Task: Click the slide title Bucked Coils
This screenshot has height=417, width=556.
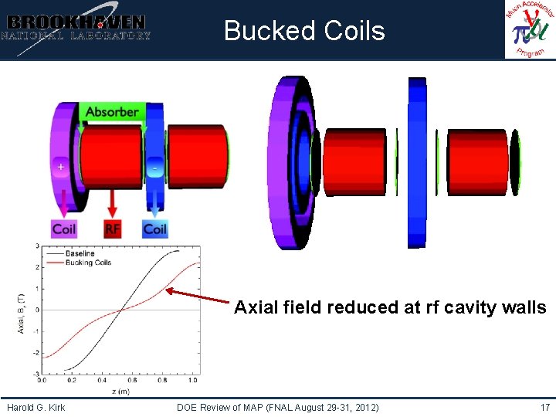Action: (304, 31)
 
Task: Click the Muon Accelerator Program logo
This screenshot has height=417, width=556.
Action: (530, 30)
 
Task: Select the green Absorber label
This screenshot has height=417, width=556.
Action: (112, 112)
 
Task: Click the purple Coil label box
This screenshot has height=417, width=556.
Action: (64, 229)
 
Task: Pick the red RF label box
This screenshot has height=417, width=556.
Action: (113, 229)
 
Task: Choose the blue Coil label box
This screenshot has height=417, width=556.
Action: (155, 229)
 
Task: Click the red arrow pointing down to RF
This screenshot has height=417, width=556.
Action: (113, 202)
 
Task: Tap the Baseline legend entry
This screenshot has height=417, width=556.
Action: (80, 253)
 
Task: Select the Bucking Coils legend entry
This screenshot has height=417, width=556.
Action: (87, 263)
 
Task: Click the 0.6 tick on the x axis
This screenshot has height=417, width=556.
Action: (132, 380)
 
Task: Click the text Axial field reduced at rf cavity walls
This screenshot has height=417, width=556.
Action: (390, 307)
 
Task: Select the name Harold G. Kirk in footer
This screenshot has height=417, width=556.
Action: (36, 407)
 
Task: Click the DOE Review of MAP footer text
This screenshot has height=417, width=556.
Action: (277, 407)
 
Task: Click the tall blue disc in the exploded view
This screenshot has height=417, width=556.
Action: (417, 162)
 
